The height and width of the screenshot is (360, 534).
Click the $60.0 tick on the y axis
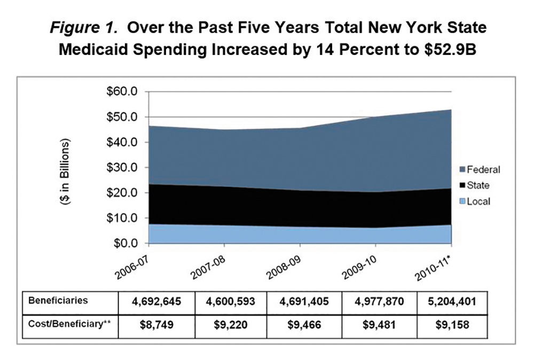(x=123, y=92)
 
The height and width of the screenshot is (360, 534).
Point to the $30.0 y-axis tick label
(x=123, y=168)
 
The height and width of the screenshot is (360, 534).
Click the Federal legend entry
(x=480, y=170)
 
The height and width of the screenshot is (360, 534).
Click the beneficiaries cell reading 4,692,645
(x=156, y=301)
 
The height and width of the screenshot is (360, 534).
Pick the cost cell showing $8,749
(x=156, y=324)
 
